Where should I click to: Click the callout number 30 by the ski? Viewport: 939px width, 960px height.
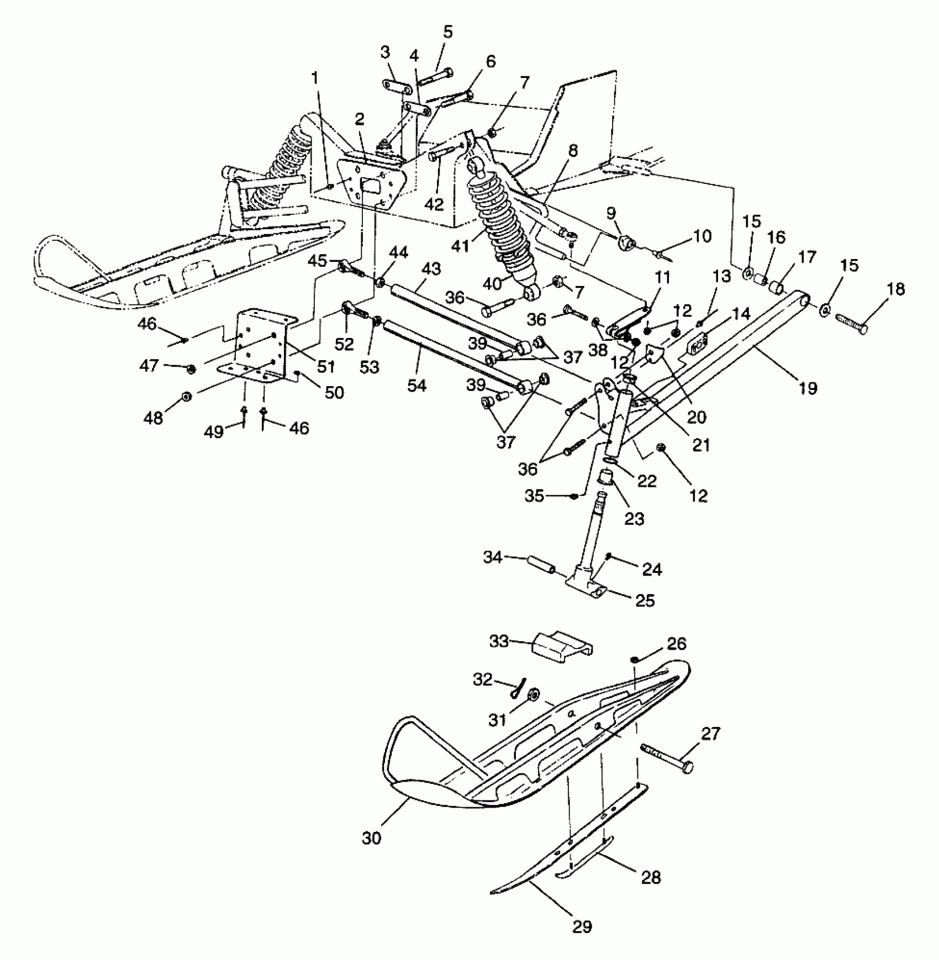(x=372, y=838)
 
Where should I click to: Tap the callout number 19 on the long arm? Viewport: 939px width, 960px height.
(x=808, y=388)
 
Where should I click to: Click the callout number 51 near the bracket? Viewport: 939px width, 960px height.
(x=325, y=366)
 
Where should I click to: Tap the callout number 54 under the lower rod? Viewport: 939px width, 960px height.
(x=417, y=385)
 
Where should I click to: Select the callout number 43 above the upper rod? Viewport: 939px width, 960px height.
(x=431, y=269)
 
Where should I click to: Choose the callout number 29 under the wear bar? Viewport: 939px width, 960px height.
(x=582, y=926)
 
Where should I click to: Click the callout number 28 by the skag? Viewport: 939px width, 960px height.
(x=651, y=877)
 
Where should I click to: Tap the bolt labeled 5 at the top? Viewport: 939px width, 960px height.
(x=435, y=77)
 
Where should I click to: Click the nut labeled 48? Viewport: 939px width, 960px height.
(x=187, y=397)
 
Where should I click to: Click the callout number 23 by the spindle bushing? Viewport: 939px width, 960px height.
(x=634, y=519)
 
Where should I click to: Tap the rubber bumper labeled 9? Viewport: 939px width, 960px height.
(x=626, y=242)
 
